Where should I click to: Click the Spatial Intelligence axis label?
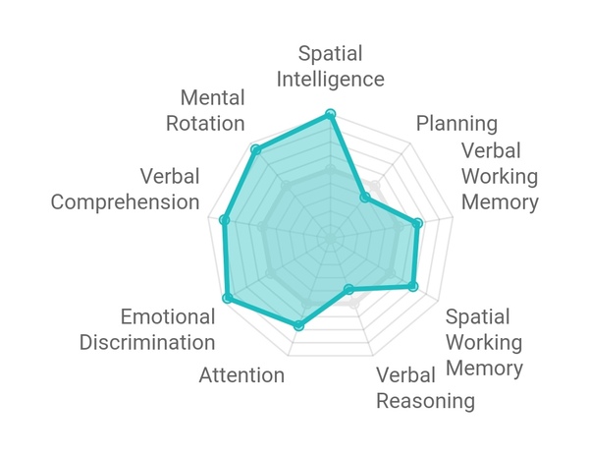tap(331, 66)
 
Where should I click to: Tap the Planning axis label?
tap(456, 124)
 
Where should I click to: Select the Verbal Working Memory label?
tap(500, 176)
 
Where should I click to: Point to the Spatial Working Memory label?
tap(484, 342)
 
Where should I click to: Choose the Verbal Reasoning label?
tap(426, 388)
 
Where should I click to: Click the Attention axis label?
tap(241, 375)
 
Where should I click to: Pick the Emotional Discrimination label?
tap(147, 329)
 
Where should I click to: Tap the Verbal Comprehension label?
tap(125, 189)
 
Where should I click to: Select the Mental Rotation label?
tap(205, 110)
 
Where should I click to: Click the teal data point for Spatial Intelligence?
tap(330, 114)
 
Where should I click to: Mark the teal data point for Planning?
tap(365, 198)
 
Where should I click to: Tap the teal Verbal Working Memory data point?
tap(417, 223)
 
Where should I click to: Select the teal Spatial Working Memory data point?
tap(413, 286)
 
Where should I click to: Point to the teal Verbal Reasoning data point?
tap(348, 289)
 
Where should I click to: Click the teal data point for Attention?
tap(298, 325)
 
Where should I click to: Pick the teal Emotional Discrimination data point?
tap(227, 298)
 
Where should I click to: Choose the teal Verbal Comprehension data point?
tap(224, 220)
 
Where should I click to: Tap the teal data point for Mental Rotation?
tap(256, 150)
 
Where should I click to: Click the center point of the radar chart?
tap(331, 239)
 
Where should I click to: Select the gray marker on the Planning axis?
tap(375, 186)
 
